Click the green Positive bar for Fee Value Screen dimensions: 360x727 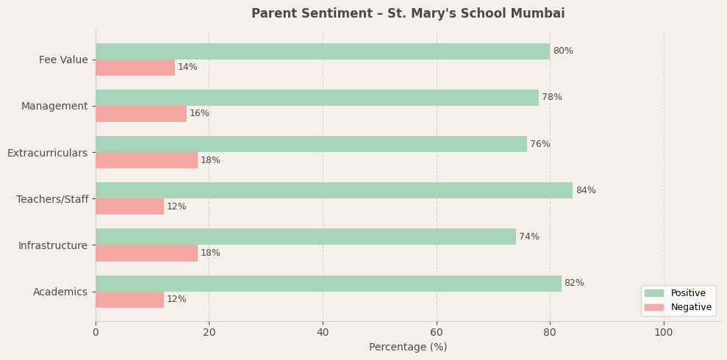(323, 51)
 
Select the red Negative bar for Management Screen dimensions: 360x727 (141, 114)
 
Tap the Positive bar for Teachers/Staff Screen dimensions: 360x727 (334, 190)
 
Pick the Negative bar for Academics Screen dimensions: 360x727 (129, 300)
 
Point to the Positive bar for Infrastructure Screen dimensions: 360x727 (306, 237)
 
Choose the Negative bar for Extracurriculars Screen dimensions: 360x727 (146, 160)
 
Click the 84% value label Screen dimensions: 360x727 (586, 191)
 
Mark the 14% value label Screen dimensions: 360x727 (187, 68)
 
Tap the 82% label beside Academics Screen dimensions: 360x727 (574, 284)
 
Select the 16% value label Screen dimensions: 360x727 (199, 114)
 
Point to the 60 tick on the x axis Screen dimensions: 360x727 (437, 333)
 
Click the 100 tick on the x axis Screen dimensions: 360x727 (664, 333)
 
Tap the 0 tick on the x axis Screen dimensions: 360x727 (96, 333)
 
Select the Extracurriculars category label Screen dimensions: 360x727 (47, 153)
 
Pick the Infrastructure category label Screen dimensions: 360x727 (53, 245)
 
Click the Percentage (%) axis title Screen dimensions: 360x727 (408, 348)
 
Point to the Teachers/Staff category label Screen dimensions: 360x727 (52, 199)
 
